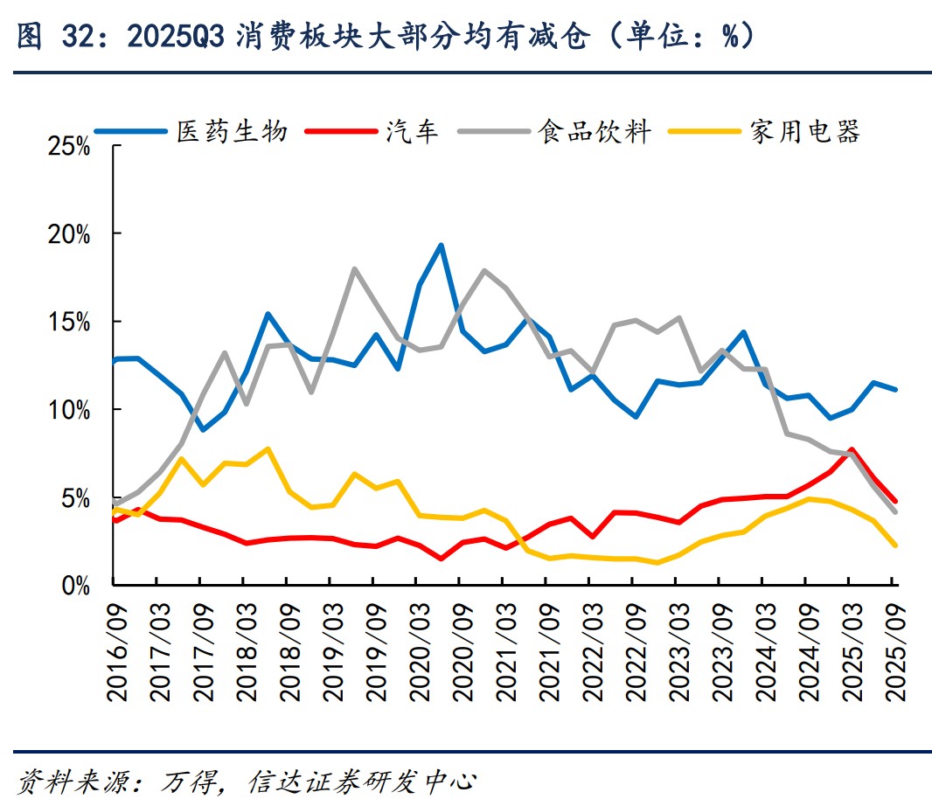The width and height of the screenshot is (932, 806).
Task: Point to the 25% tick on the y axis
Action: pos(70,146)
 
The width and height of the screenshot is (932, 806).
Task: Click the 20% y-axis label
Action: pos(70,234)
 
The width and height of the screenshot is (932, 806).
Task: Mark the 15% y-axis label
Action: pos(70,322)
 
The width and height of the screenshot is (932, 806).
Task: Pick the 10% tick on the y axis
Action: pos(70,409)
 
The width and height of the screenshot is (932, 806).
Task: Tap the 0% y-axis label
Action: pos(77,585)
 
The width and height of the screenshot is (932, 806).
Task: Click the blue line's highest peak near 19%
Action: pos(441,245)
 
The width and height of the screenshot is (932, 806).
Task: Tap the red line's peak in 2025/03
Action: pos(852,449)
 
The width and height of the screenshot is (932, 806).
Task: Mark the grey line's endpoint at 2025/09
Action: pos(894,511)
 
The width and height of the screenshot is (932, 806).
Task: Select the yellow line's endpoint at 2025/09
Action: pos(894,545)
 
